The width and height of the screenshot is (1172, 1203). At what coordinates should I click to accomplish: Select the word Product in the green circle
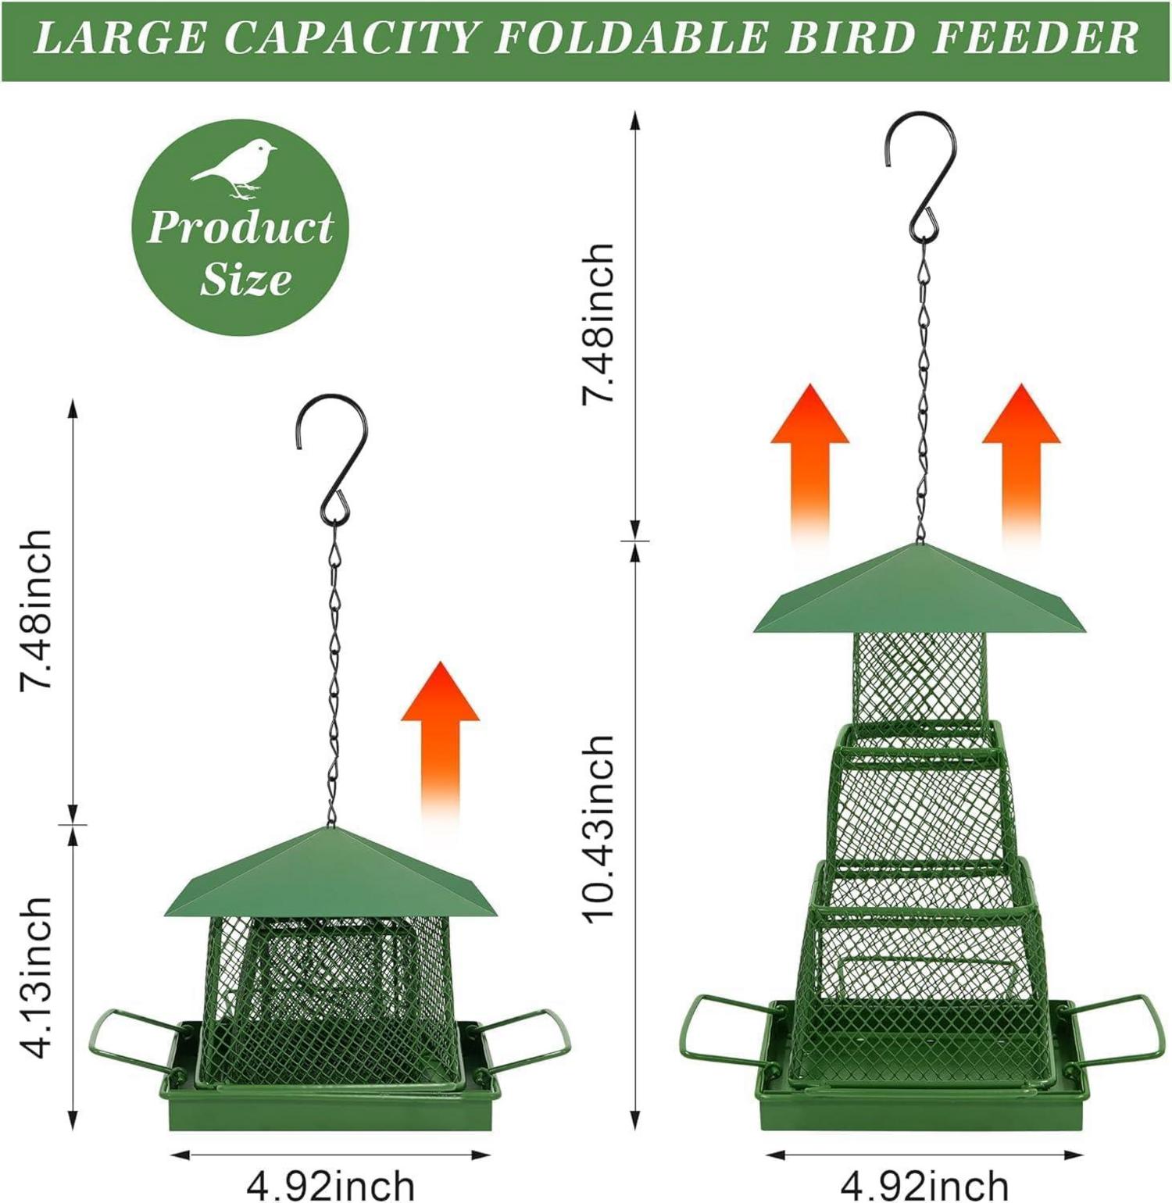[x=240, y=227]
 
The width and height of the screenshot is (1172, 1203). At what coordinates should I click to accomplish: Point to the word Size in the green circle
[x=245, y=280]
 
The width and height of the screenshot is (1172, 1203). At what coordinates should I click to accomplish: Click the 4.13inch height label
[x=37, y=977]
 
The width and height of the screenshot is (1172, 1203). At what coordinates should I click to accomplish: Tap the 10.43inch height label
[x=599, y=829]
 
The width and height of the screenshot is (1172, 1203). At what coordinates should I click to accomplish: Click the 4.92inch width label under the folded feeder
[x=331, y=1184]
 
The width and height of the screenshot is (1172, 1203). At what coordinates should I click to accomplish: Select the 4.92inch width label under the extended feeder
[x=924, y=1184]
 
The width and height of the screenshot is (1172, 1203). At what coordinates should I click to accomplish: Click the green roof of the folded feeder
[x=331, y=875]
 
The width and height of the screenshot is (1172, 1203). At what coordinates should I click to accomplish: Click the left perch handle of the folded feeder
[x=133, y=1040]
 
